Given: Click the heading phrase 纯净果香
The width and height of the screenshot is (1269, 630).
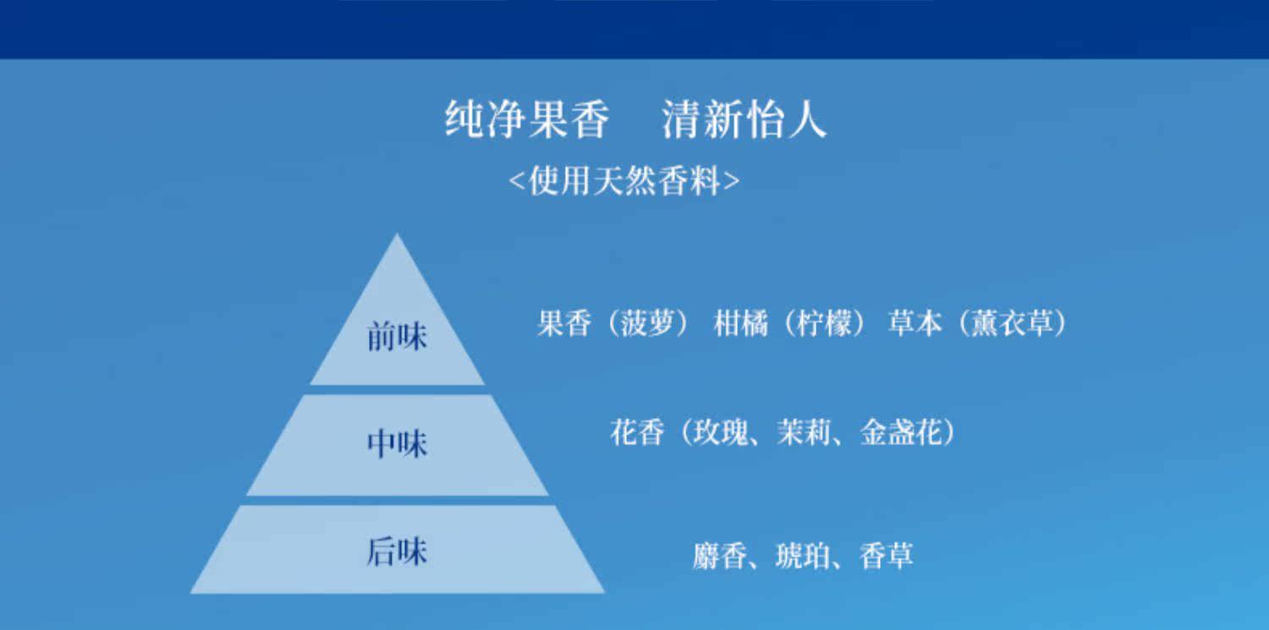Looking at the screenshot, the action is pyautogui.click(x=527, y=119).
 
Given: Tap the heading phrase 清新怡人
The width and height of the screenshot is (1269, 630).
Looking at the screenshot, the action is pyautogui.click(x=744, y=119).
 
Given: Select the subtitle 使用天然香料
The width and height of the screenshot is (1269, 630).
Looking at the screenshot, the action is pyautogui.click(x=624, y=181).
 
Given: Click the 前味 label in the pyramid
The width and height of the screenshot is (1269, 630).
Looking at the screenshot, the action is pyautogui.click(x=397, y=337).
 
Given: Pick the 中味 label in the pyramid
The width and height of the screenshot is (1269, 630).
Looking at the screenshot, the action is pyautogui.click(x=397, y=443).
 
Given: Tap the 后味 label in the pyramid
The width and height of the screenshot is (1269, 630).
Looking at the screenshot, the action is pyautogui.click(x=397, y=552).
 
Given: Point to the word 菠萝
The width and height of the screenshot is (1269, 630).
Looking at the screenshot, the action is pyautogui.click(x=647, y=323).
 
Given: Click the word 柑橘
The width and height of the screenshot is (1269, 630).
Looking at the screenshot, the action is pyautogui.click(x=741, y=323).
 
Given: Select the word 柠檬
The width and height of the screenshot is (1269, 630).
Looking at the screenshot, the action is pyautogui.click(x=824, y=323).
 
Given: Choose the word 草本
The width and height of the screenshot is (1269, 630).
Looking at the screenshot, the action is pyautogui.click(x=915, y=323).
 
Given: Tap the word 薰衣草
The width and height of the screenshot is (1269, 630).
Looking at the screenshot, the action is pyautogui.click(x=1013, y=323).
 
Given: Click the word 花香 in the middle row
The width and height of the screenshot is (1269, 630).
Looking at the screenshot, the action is pyautogui.click(x=637, y=432).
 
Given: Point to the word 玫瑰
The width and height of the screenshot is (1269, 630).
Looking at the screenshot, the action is pyautogui.click(x=721, y=432).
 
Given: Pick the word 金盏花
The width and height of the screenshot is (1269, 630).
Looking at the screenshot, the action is pyautogui.click(x=902, y=432).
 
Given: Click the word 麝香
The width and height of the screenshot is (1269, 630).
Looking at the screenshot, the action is pyautogui.click(x=720, y=556).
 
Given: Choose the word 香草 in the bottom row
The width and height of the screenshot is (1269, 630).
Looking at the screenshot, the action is pyautogui.click(x=887, y=556).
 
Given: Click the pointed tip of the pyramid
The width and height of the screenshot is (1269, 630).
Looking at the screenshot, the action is pyautogui.click(x=397, y=233).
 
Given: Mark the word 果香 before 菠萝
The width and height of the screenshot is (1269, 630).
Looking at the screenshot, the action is pyautogui.click(x=564, y=323).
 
